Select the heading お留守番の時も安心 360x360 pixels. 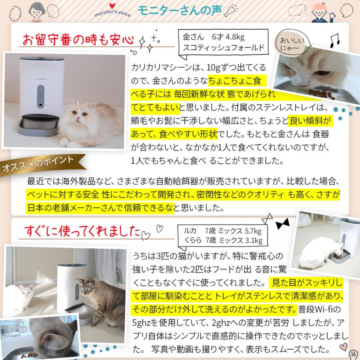[78, 40]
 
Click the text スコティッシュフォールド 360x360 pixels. [223, 48]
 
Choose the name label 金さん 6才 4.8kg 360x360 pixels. [213, 37]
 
